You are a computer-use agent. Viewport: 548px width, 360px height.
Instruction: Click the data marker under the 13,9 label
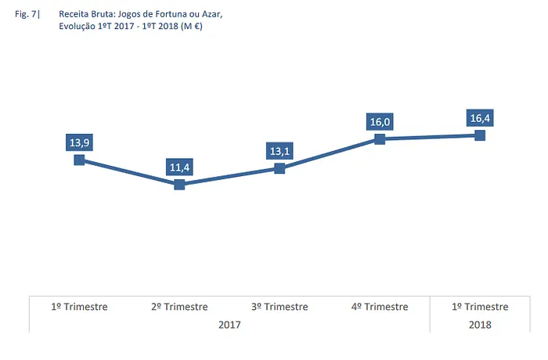79,160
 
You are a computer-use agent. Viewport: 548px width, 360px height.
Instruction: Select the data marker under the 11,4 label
179,185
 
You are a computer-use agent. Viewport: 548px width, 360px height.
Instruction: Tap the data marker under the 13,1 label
279,168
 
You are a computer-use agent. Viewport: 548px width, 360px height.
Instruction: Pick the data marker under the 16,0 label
380,139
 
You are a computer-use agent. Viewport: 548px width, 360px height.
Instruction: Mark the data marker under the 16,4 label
480,135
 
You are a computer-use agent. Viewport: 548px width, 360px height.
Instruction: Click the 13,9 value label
79,142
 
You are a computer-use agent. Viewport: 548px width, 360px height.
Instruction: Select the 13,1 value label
279,150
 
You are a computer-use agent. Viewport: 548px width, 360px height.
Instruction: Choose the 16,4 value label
480,118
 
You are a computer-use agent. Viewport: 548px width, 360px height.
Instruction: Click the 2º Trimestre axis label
179,307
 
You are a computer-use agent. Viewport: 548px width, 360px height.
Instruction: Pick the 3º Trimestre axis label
279,307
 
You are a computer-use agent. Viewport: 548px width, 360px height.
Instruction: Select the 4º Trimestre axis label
380,307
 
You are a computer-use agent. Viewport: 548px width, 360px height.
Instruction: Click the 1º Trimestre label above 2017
79,307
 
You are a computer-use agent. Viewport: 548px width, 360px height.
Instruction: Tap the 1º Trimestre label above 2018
480,307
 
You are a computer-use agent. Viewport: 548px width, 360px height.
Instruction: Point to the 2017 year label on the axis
229,324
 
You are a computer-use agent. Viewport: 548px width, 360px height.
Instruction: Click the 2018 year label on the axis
480,324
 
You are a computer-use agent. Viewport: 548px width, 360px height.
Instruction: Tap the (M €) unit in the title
192,26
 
